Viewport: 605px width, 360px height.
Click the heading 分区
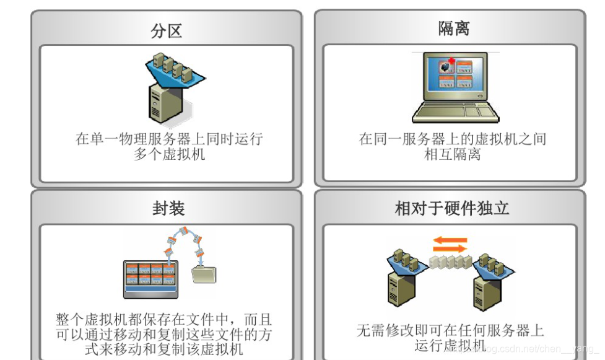click(167, 30)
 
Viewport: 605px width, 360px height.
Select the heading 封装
click(168, 209)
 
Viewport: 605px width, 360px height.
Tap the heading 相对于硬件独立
click(452, 208)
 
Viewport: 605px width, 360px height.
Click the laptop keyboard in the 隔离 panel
click(455, 112)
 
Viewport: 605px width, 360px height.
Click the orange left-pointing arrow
click(450, 239)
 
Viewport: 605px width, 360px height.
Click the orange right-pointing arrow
click(450, 249)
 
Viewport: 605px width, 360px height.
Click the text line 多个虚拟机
click(169, 154)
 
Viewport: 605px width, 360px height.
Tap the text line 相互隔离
click(452, 154)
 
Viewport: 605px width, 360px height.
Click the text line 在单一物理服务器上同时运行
click(169, 139)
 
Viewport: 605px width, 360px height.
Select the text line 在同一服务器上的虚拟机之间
click(452, 139)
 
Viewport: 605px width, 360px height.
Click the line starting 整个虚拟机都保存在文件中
click(163, 321)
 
